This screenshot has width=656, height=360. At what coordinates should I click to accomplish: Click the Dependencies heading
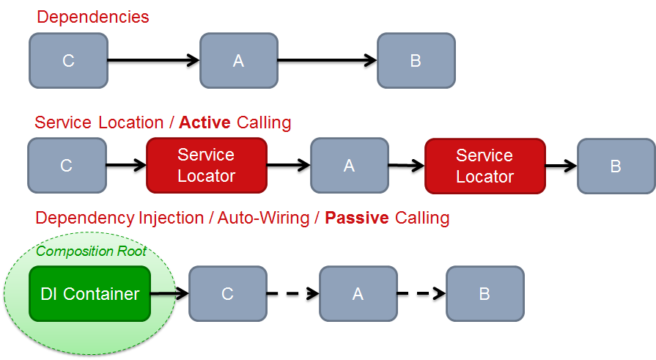point(92,17)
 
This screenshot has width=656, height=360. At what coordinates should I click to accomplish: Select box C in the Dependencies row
point(68,60)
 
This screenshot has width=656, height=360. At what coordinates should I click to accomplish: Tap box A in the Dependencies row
point(238,60)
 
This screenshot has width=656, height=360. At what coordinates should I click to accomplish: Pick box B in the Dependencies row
point(416,60)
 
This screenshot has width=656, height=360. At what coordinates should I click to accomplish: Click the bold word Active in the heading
point(205,122)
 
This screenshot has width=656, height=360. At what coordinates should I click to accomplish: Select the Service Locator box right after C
point(206,165)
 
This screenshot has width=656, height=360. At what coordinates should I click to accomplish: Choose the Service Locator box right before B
point(484,166)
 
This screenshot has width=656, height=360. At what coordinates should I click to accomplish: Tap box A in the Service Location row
point(349,166)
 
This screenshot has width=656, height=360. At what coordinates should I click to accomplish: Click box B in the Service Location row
point(616,166)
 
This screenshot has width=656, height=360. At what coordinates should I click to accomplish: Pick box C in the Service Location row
point(66,166)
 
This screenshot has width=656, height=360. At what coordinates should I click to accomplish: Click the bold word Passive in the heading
point(357,218)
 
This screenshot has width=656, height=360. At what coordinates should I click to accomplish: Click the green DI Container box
point(89,294)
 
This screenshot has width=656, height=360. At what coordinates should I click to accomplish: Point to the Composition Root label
point(92,251)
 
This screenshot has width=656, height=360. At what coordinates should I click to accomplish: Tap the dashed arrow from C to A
point(292,294)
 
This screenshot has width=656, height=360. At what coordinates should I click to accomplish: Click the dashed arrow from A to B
point(421,294)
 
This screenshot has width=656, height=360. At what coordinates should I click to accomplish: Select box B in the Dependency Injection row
point(484,294)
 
